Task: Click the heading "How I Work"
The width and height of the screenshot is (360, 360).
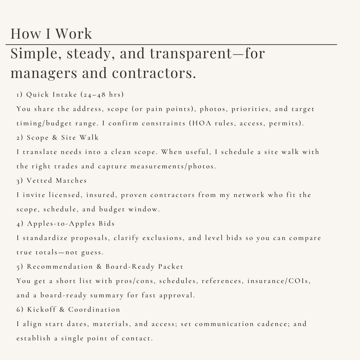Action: coord(51,34)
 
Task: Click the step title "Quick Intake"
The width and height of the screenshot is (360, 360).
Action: coord(52,95)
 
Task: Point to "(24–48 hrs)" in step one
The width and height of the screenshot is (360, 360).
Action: coord(102,95)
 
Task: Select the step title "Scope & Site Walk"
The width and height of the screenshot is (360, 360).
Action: coord(63,138)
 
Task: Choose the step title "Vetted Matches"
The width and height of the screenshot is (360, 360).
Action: coord(57,181)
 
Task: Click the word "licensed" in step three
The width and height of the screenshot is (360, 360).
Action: coord(62,195)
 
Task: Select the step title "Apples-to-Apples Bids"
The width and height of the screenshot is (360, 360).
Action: coord(71,224)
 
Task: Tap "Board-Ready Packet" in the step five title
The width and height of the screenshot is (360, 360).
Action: coord(145,267)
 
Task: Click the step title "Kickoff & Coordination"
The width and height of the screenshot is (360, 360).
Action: coord(73,310)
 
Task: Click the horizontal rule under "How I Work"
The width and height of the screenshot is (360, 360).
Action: coord(171,44)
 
